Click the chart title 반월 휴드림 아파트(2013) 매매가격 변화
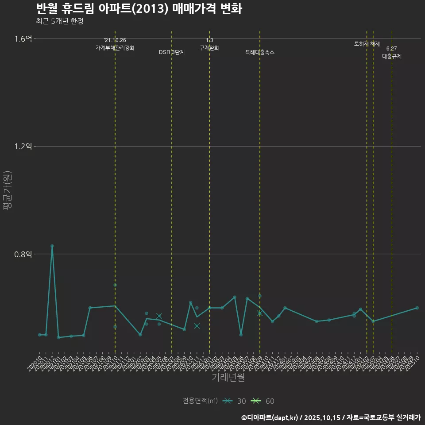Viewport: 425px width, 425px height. pyautogui.click(x=139, y=9)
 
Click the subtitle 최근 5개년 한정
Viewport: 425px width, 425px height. pyautogui.click(x=59, y=21)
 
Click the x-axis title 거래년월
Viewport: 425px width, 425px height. pyautogui.click(x=228, y=377)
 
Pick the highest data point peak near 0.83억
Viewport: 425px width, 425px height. pyautogui.click(x=52, y=246)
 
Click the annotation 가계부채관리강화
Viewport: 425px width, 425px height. pyautogui.click(x=115, y=48)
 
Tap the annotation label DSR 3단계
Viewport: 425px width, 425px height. pyautogui.click(x=172, y=52)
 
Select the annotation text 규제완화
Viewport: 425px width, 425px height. pyautogui.click(x=209, y=48)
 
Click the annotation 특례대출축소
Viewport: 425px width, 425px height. pyautogui.click(x=260, y=52)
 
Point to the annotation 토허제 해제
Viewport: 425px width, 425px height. pyautogui.click(x=367, y=44)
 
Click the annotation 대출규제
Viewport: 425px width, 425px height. pyautogui.click(x=392, y=57)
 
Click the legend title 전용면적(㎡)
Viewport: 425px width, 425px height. pyautogui.click(x=200, y=401)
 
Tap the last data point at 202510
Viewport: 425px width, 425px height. pyautogui.click(x=417, y=308)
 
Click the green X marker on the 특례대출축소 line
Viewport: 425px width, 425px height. pyautogui.click(x=260, y=313)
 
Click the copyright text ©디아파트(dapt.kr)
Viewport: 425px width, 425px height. pyautogui.click(x=270, y=417)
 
